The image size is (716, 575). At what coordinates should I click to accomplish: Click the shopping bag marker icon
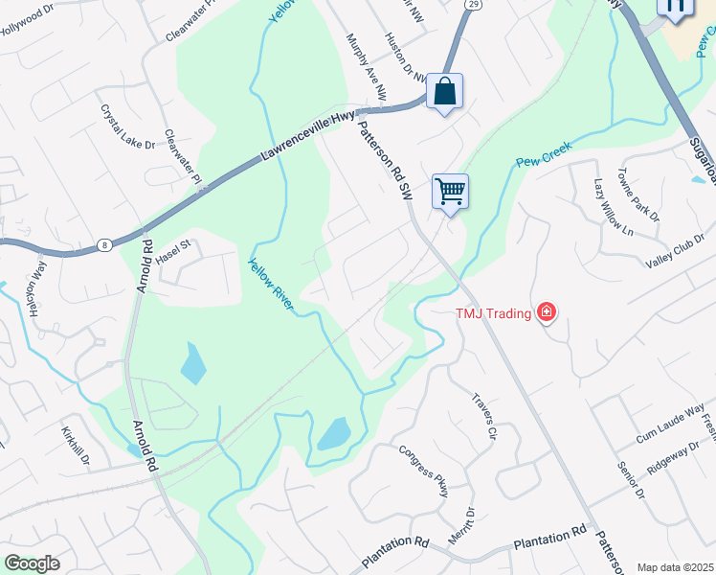444,92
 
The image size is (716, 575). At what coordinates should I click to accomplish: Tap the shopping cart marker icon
450,191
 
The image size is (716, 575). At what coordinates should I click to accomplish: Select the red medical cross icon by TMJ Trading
546,311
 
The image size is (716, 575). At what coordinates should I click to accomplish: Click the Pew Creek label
544,154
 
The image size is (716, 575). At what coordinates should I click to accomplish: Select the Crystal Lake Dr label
127,126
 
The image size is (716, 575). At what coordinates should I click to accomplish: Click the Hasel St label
174,251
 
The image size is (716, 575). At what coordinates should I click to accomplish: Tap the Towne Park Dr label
638,196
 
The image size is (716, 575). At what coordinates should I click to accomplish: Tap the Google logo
32,563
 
